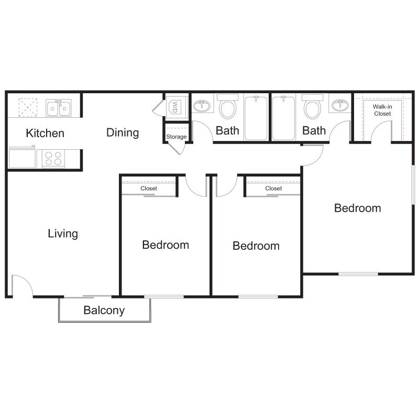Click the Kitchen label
point(45,133)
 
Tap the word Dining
point(123,133)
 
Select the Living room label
point(63,233)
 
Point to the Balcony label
point(104,310)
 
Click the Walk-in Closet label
point(382,110)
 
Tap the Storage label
point(177,137)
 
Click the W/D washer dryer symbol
point(173,107)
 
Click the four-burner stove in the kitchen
point(53,158)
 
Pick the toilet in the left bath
point(227,107)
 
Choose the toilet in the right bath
point(312,107)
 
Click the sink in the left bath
point(202,106)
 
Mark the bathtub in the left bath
point(256,117)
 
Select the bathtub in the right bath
point(283,117)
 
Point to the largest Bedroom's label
point(358,208)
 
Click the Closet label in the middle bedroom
point(273,188)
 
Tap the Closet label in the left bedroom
point(149,188)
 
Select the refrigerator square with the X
point(27,107)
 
